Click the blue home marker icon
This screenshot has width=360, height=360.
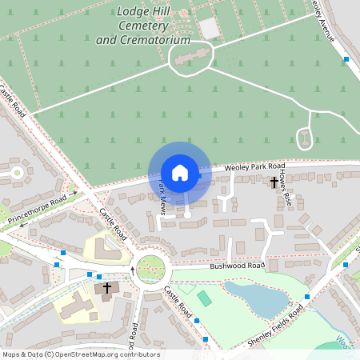pyautogui.click(x=180, y=172)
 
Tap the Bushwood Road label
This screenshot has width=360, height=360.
pyautogui.click(x=237, y=266)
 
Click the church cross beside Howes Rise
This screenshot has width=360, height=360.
pyautogui.click(x=274, y=182)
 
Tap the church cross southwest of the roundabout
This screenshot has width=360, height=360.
pyautogui.click(x=107, y=287)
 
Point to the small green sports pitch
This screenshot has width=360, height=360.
pyautogui.click(x=205, y=299)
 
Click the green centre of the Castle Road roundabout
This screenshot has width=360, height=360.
pyautogui.click(x=149, y=269)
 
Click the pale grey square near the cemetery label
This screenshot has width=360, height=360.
pyautogui.click(x=210, y=28)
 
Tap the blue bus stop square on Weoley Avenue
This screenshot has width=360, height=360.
pyautogui.click(x=346, y=59)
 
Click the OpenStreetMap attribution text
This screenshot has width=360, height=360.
pyautogui.click(x=81, y=354)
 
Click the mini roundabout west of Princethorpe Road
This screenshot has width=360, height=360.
pyautogui.click(x=16, y=172)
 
